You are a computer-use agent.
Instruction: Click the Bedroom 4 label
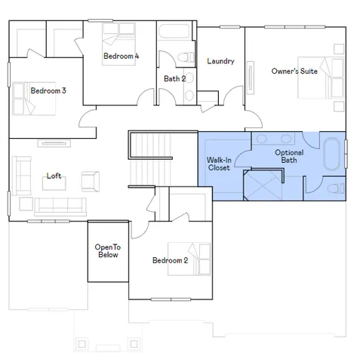click(121, 57)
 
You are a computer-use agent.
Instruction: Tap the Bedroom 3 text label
click(48, 91)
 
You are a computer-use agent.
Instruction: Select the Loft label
click(54, 176)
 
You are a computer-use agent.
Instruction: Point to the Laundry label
click(220, 62)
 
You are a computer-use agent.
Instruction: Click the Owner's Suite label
click(294, 72)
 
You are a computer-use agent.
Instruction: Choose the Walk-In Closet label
click(219, 164)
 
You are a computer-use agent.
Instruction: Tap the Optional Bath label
click(289, 156)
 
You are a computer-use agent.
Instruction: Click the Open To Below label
click(108, 251)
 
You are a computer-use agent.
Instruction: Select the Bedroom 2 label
click(170, 261)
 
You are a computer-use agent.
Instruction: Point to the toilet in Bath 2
click(186, 57)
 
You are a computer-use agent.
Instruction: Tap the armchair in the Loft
click(91, 179)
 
